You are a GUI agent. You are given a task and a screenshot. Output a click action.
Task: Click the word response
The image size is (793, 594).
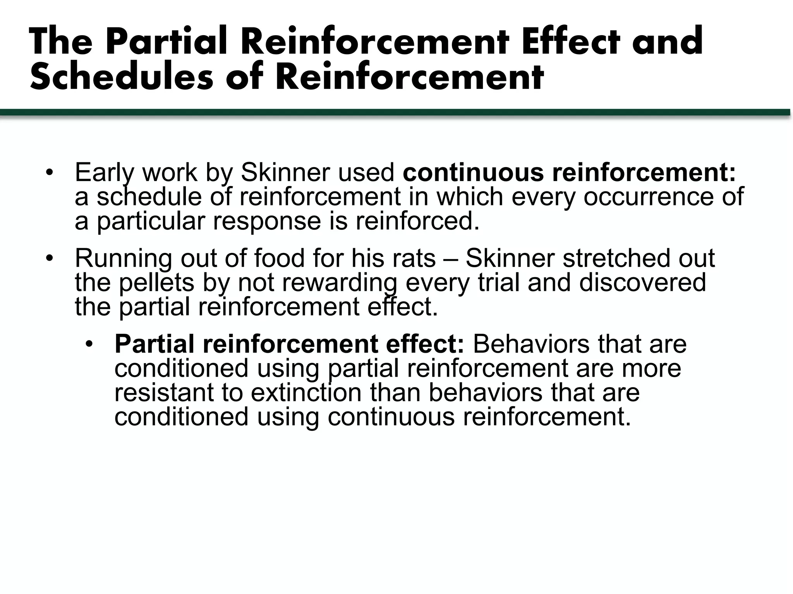(x=267, y=221)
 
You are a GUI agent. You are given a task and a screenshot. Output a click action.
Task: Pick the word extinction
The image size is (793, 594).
(x=306, y=393)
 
